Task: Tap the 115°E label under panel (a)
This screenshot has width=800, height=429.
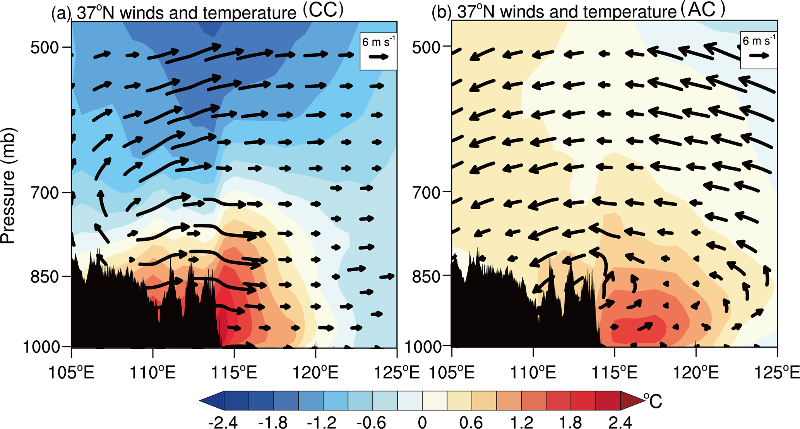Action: coord(234,373)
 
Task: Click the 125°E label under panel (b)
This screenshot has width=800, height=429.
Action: coord(777,373)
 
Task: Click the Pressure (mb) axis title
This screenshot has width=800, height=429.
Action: coord(8,186)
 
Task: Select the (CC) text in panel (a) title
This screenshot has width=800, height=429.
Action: coord(323,10)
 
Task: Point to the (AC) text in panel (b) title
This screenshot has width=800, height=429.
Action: coord(702,10)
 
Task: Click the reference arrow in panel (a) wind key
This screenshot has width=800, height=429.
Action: coord(378,57)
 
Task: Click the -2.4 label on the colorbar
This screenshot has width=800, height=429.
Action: coord(223,422)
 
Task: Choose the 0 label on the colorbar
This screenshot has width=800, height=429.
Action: coord(422,422)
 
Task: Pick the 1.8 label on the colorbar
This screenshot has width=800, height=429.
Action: coord(571,422)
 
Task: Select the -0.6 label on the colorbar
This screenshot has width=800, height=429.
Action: coord(372,422)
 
